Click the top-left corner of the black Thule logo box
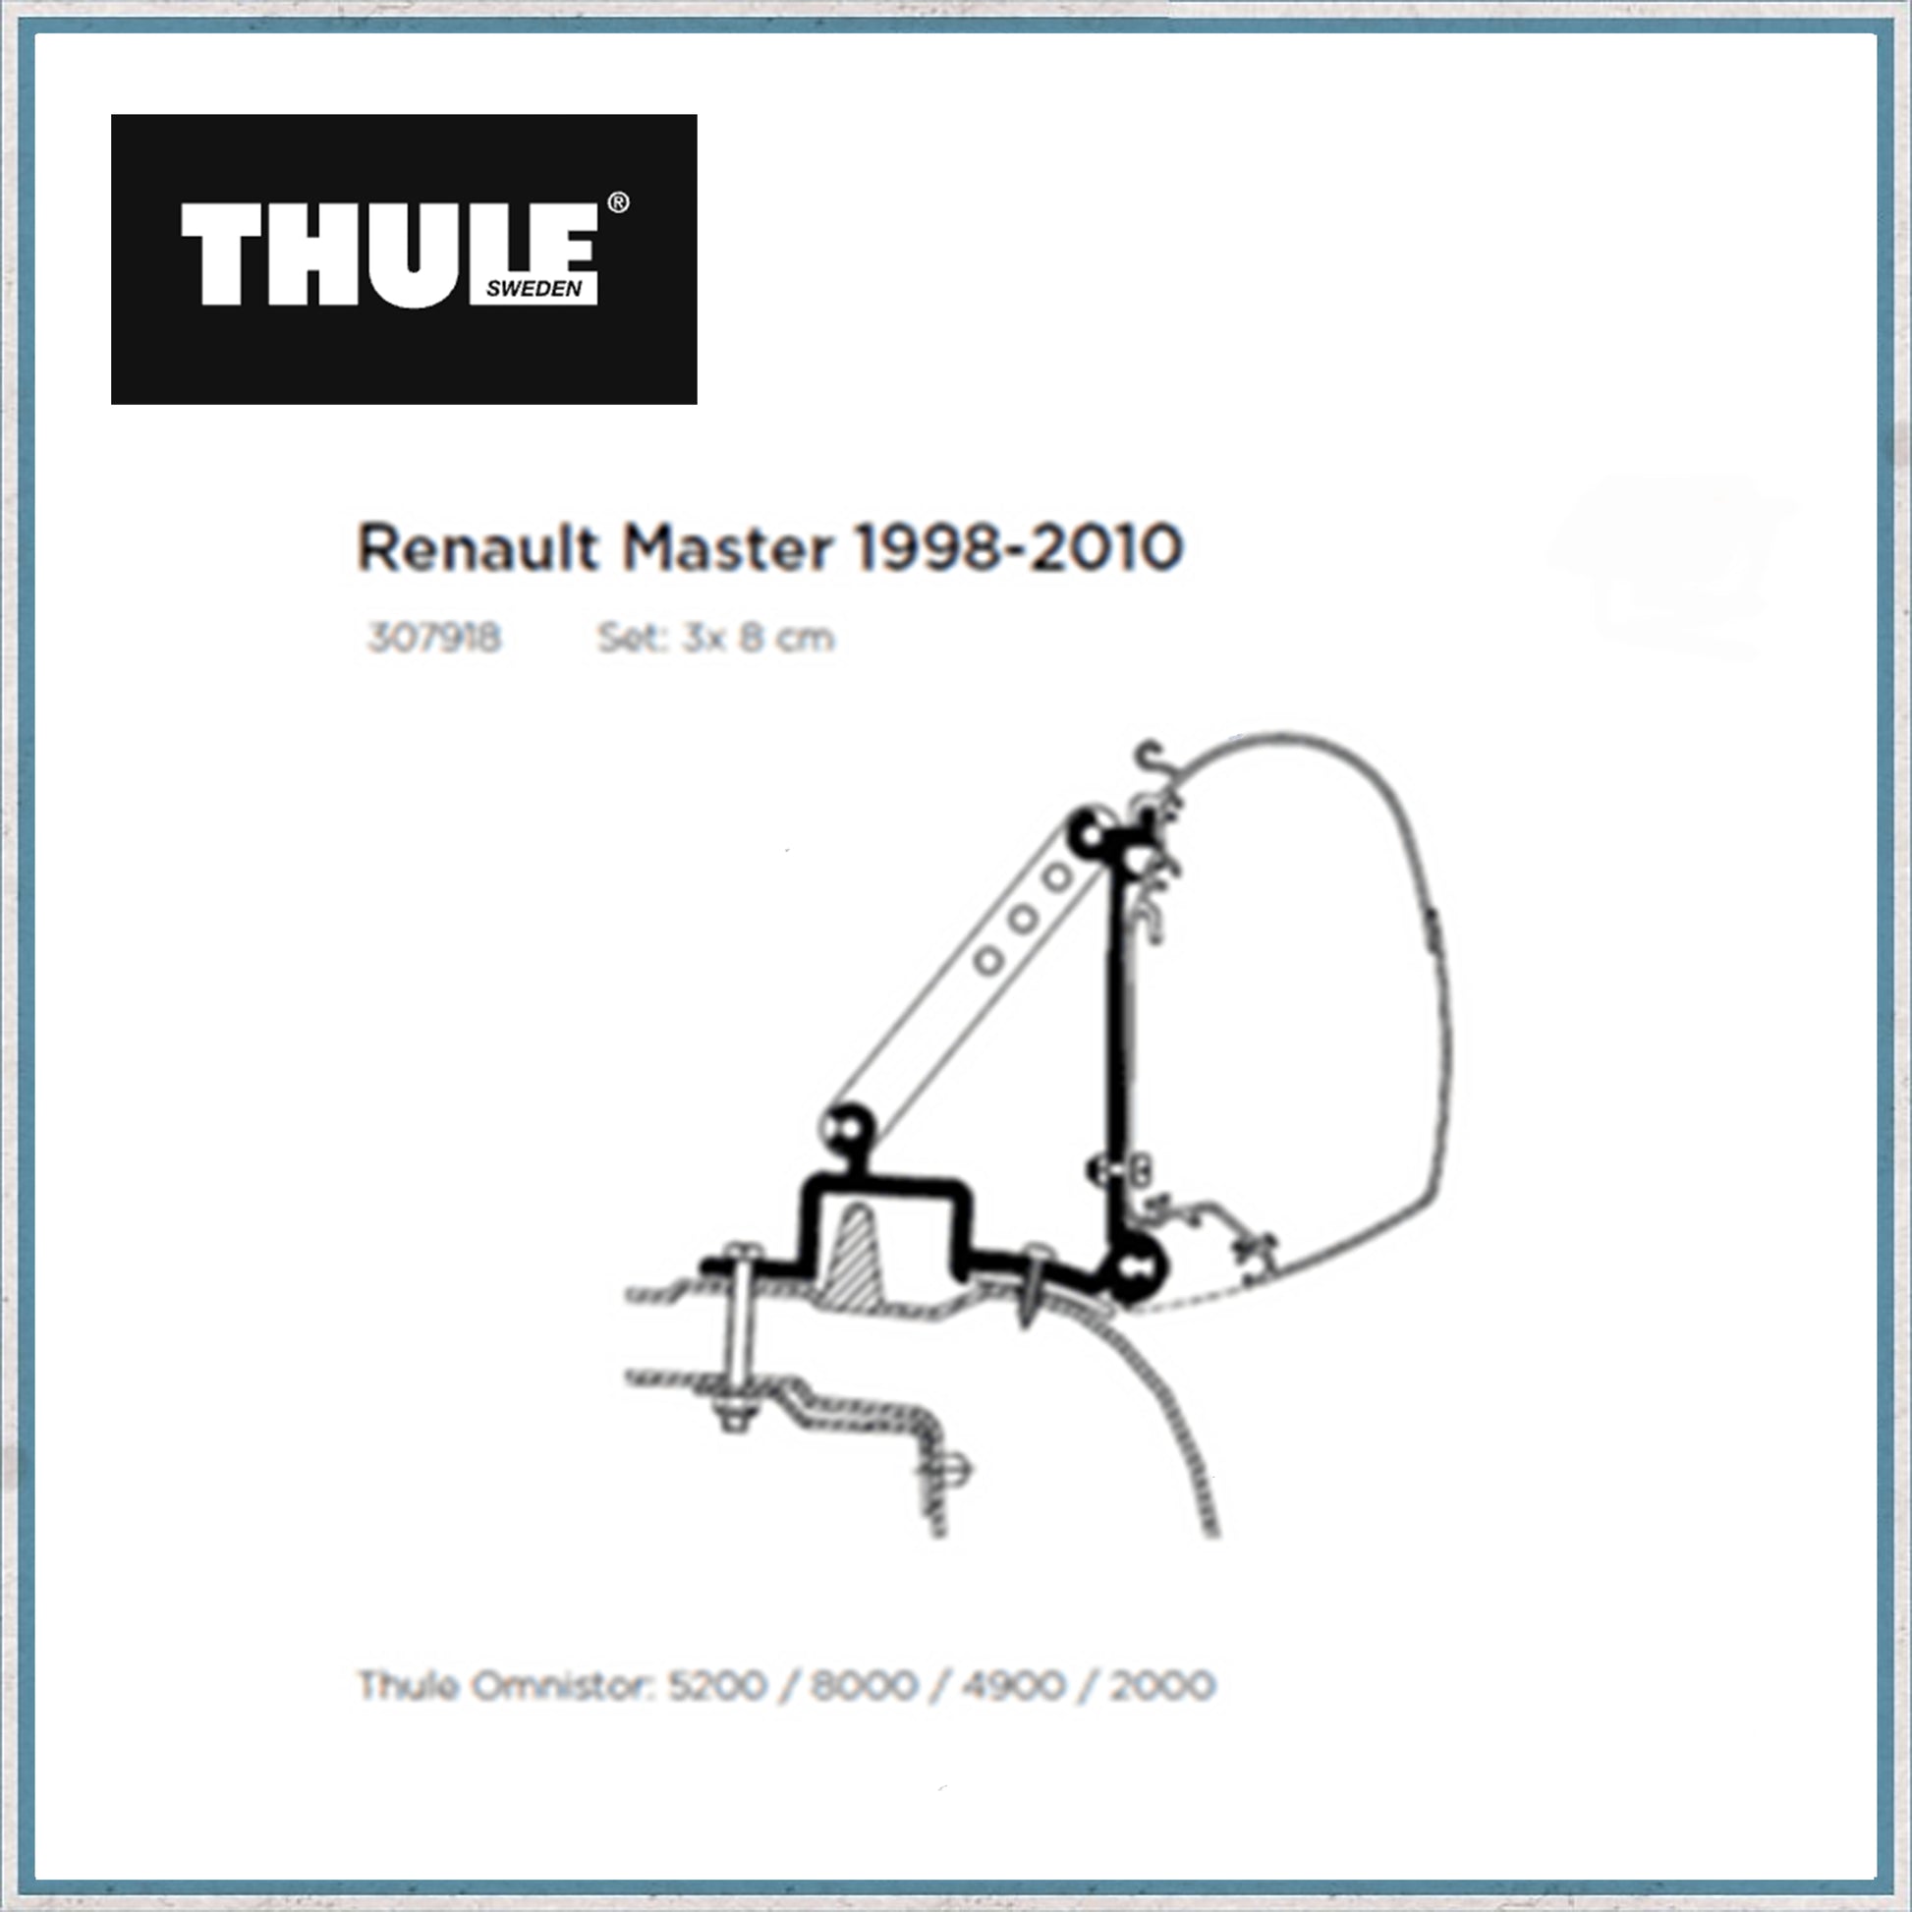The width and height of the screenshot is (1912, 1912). click(111, 115)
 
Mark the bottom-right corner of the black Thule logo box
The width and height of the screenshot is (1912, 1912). click(697, 404)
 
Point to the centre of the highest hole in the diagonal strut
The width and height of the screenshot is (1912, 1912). click(1058, 876)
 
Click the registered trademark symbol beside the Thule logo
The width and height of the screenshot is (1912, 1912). click(617, 202)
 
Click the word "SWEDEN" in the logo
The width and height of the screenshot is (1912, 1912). click(534, 289)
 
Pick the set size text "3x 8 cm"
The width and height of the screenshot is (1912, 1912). click(758, 639)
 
